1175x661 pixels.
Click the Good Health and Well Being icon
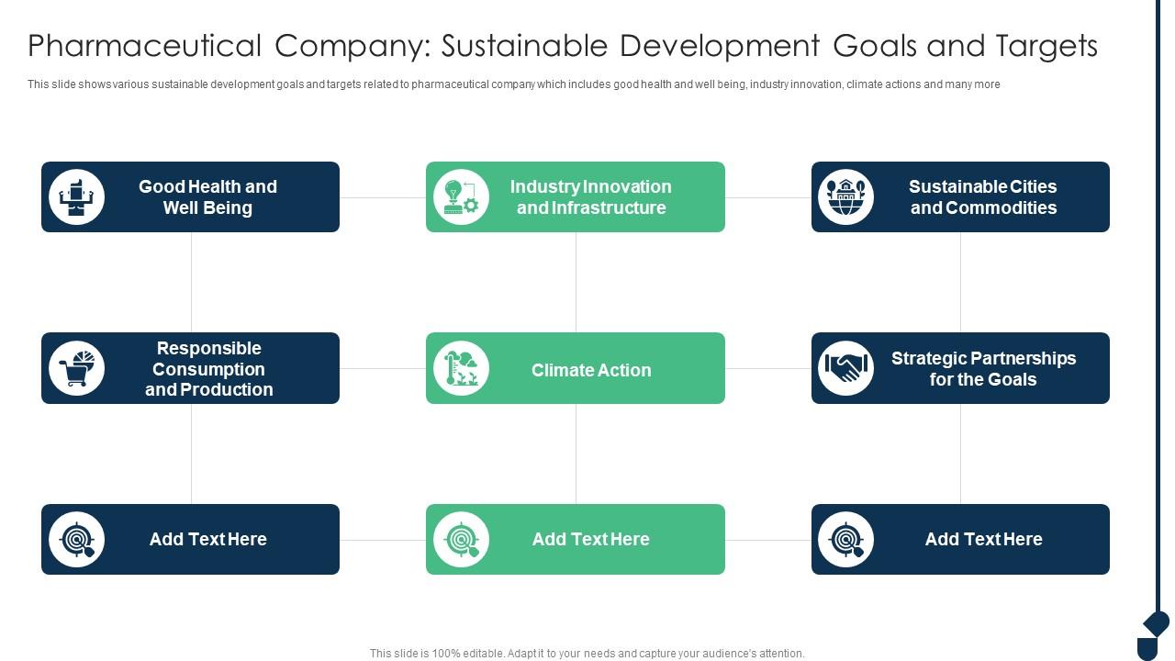(x=76, y=196)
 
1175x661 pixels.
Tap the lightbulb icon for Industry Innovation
(x=461, y=196)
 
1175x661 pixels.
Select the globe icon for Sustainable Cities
(x=845, y=196)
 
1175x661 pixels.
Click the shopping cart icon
(x=76, y=368)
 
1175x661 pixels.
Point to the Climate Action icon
(x=461, y=368)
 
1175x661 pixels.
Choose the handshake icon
(x=845, y=368)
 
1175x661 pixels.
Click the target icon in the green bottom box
(x=461, y=539)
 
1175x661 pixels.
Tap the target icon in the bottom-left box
(x=76, y=539)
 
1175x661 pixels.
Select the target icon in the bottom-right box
(x=845, y=539)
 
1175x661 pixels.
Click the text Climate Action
(x=591, y=370)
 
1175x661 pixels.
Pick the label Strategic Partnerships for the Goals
(x=983, y=368)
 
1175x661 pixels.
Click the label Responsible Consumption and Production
(x=209, y=369)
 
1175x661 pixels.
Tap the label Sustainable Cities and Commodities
(x=983, y=196)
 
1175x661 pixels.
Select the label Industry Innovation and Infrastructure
(x=591, y=196)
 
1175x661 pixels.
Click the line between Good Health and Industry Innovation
(x=383, y=197)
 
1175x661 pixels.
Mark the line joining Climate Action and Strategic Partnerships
(x=768, y=368)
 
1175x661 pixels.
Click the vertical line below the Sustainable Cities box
(x=960, y=282)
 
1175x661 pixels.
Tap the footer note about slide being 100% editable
(x=587, y=654)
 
